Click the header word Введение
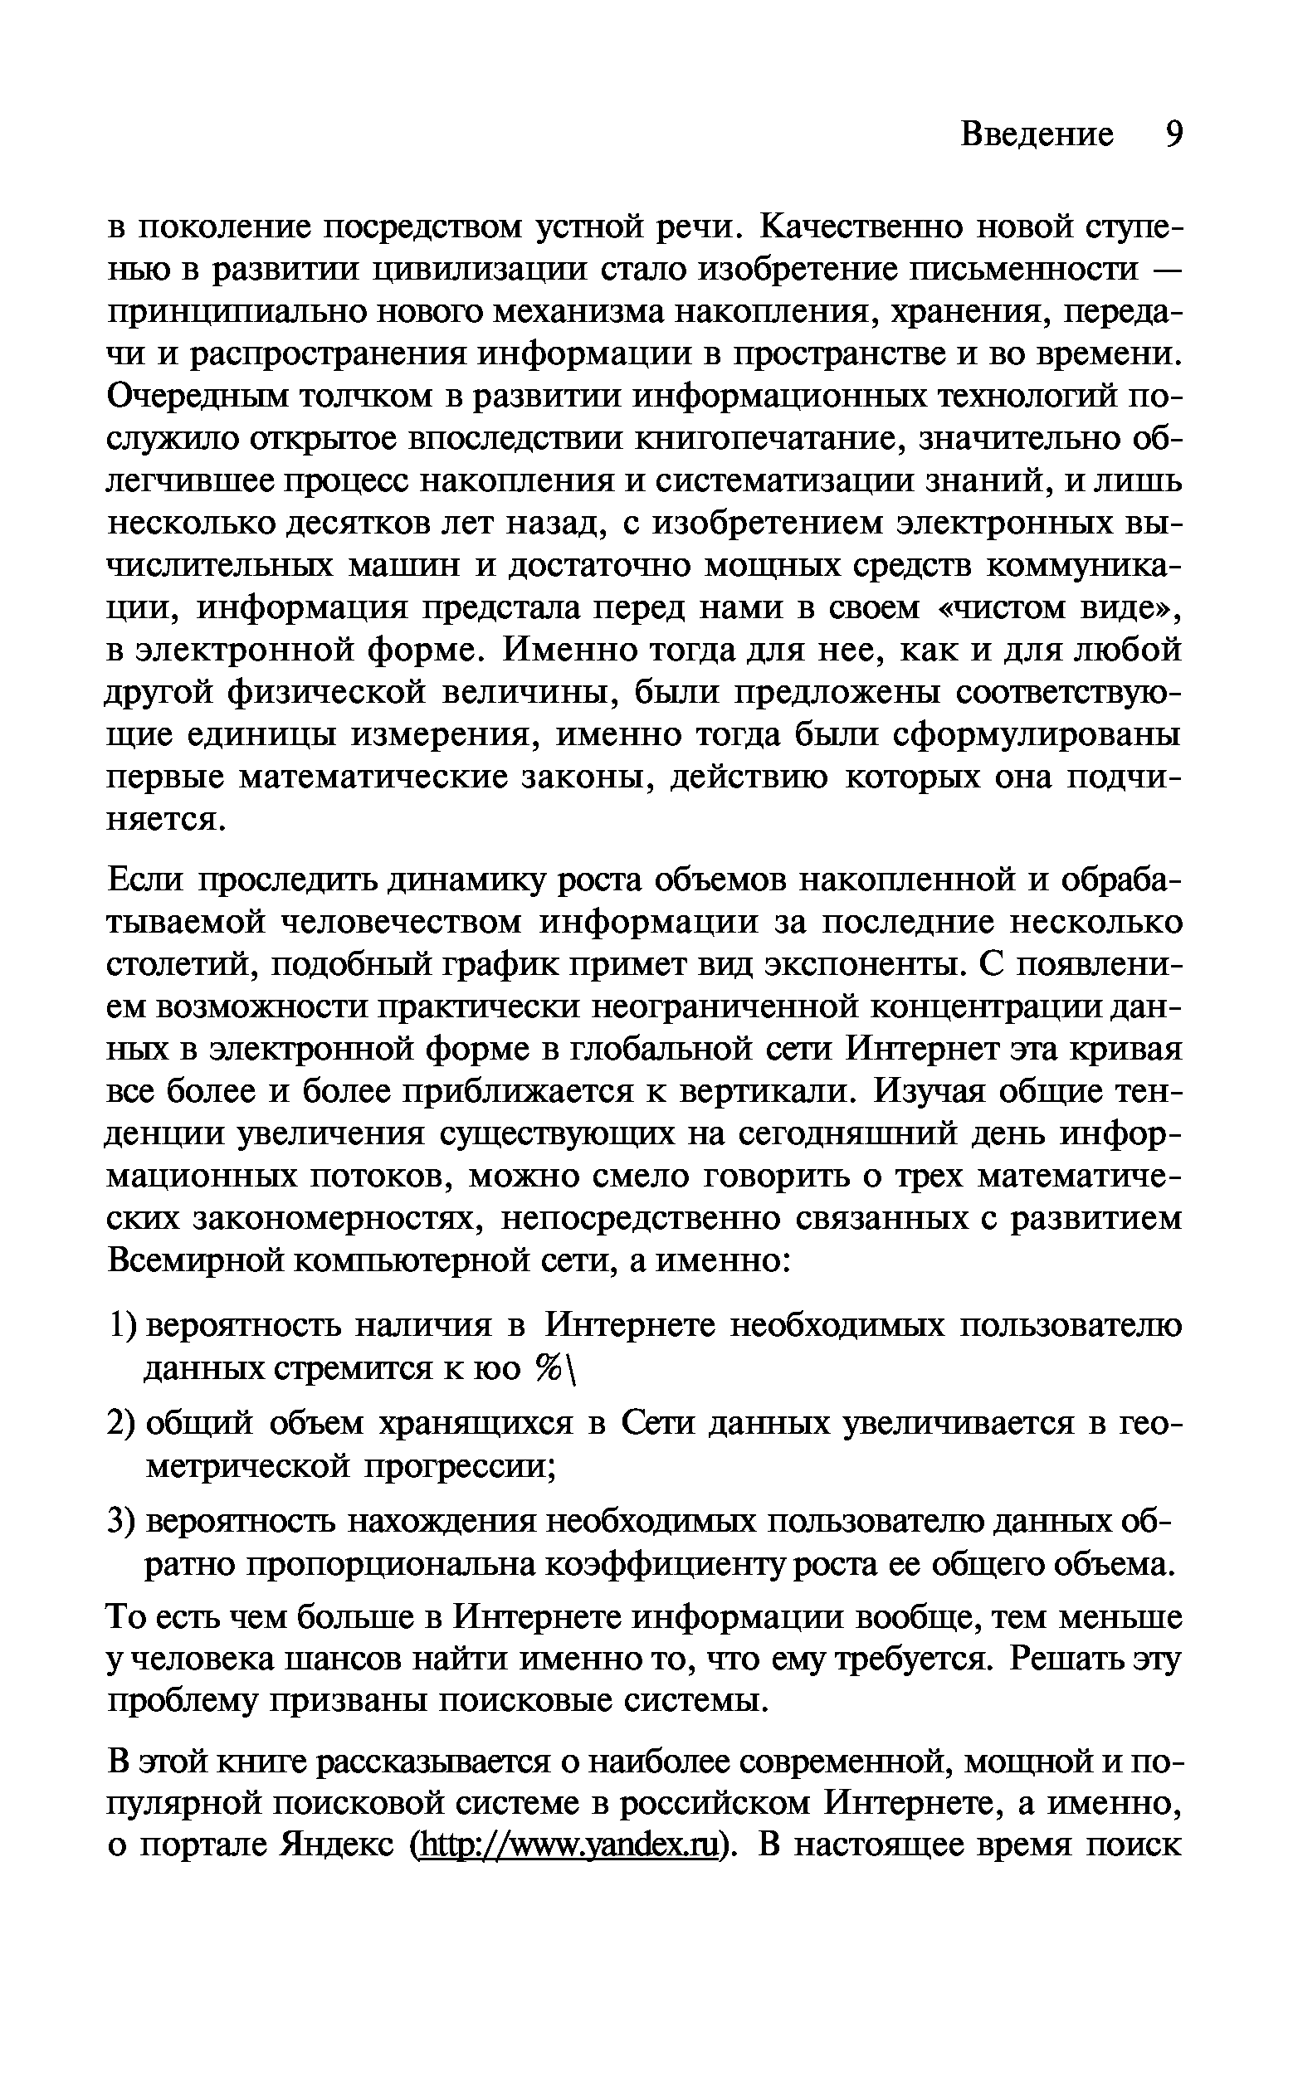[1037, 134]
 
